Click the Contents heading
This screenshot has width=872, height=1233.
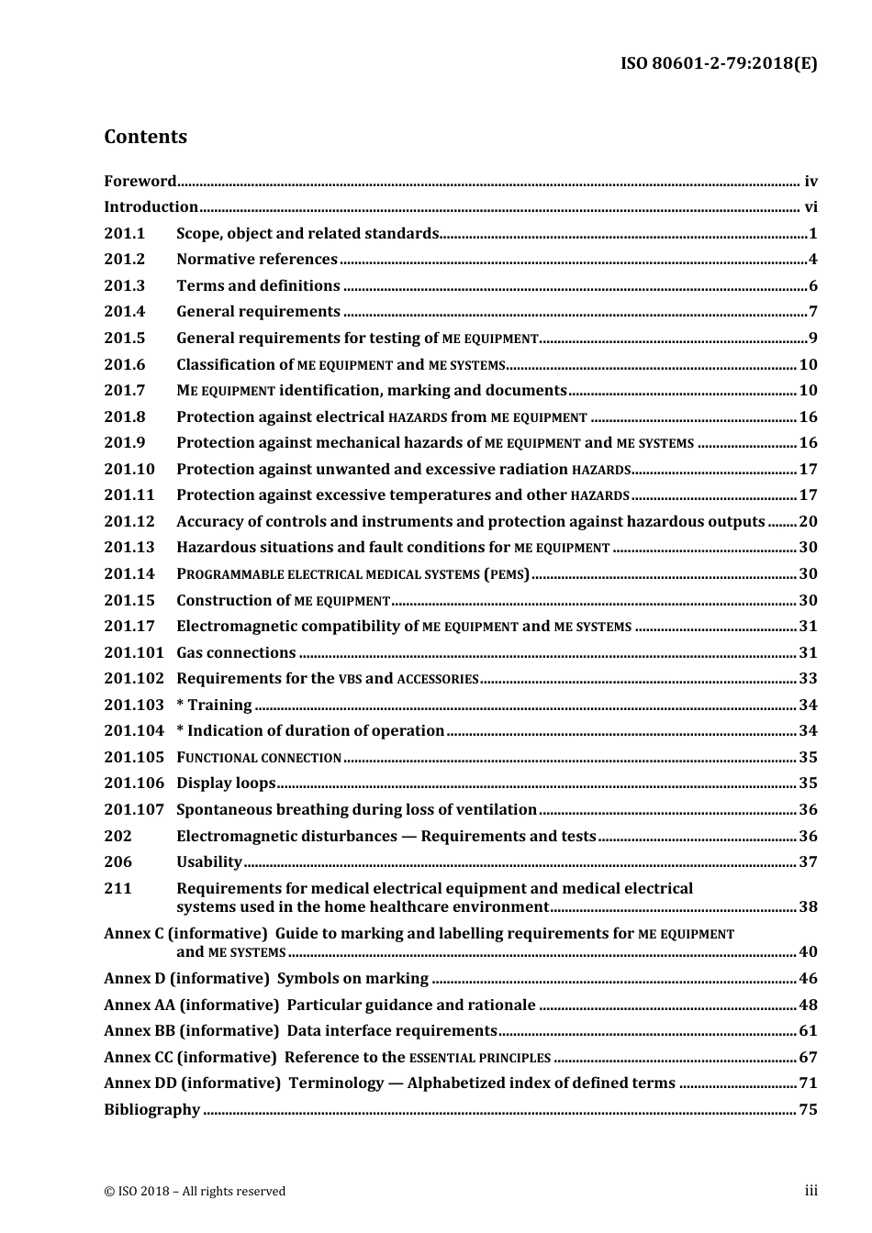point(145,137)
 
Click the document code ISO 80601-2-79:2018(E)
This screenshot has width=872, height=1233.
point(719,63)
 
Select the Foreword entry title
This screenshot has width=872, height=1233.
point(140,181)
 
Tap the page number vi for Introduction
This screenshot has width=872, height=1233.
point(811,207)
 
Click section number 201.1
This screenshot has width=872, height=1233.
point(125,233)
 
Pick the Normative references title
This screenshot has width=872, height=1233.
point(257,260)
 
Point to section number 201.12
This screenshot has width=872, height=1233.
point(129,521)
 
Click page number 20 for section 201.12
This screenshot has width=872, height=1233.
point(808,521)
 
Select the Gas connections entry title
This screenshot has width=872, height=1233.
point(236,652)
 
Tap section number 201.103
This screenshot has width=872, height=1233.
point(133,705)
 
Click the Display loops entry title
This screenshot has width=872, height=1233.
point(226,783)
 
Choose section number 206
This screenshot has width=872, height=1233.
point(117,861)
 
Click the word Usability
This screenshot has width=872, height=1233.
point(209,861)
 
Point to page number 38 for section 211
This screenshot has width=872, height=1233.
point(808,906)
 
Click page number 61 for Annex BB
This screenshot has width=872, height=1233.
point(808,1030)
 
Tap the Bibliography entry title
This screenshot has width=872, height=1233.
point(151,1109)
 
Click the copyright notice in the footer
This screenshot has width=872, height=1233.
point(195,1191)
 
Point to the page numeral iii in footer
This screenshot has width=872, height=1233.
point(811,1191)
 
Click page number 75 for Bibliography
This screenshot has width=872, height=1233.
point(808,1109)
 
